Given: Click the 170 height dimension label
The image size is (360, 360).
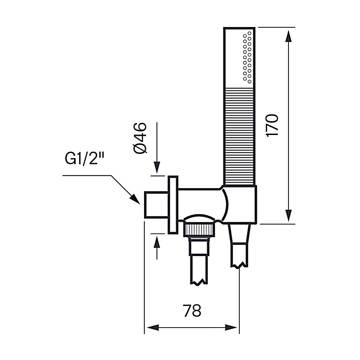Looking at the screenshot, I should click(x=273, y=125).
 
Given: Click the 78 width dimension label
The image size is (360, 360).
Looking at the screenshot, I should click(x=192, y=310).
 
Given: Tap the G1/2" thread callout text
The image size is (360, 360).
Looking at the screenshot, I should click(x=85, y=160).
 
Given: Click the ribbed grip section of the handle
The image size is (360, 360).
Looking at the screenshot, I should click(x=239, y=135).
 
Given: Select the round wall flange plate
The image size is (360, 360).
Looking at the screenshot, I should click(x=173, y=205).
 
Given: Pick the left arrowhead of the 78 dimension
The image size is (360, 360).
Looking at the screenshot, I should click(x=150, y=327).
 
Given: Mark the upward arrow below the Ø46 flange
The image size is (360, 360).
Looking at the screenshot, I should click(x=157, y=242).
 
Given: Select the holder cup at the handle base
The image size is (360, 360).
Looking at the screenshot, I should click(x=240, y=205).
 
